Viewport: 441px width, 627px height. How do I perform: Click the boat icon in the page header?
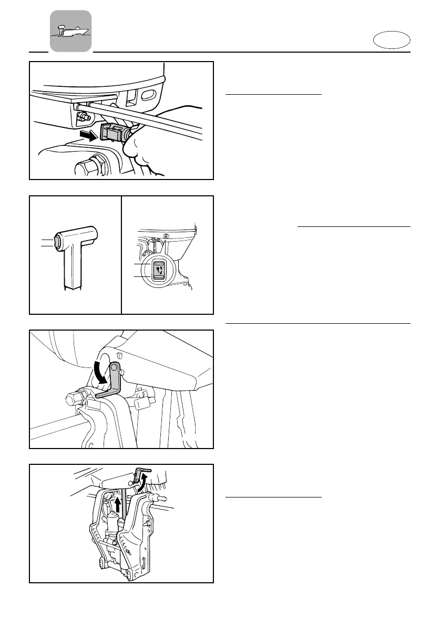[70, 31]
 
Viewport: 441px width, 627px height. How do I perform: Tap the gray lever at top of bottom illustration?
[143, 470]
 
